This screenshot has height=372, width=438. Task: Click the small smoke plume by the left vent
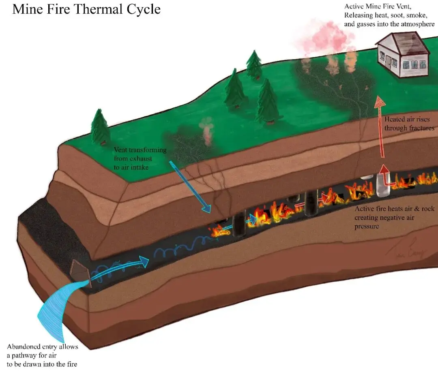207,130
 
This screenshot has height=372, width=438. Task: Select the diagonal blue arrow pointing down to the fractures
190,187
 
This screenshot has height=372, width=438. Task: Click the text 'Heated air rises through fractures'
409,124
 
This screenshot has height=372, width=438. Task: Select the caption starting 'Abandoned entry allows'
42,355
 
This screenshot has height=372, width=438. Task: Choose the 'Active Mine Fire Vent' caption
389,15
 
